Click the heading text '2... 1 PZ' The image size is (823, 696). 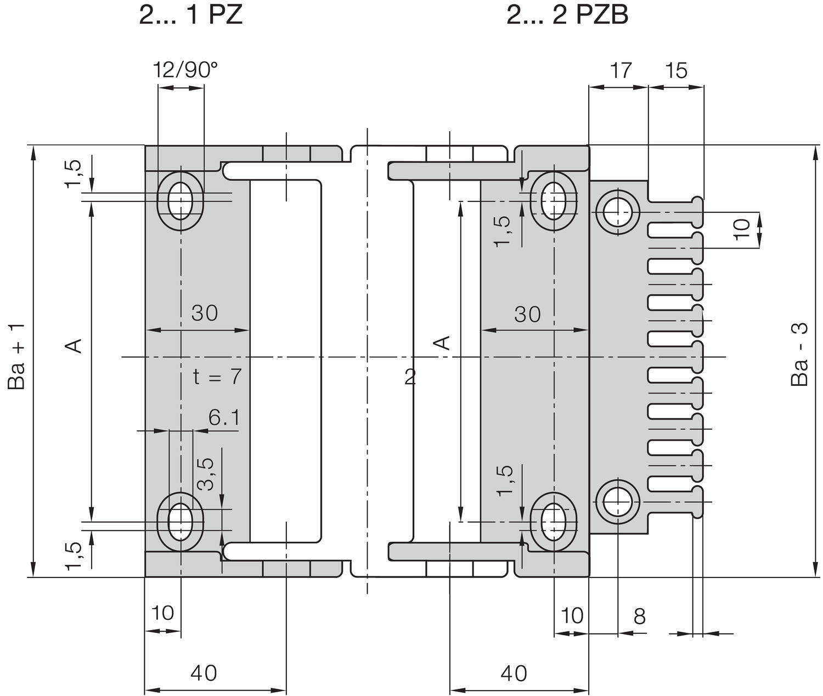coord(190,15)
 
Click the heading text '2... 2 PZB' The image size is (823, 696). coord(567,15)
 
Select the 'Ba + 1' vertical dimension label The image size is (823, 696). coord(18,357)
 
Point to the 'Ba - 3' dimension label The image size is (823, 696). coord(801,354)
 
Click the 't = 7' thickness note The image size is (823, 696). coord(217,377)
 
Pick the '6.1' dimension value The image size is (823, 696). coord(224,418)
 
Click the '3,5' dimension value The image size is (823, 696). coord(206,473)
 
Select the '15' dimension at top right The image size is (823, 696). coord(676,70)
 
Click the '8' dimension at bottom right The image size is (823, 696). coord(640,616)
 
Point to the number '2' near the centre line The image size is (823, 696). coord(410,377)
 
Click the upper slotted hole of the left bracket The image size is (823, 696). coord(180,200)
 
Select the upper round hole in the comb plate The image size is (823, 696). coord(617,211)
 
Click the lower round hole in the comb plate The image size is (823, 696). coord(617,501)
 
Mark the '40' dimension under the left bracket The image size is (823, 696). coord(204,673)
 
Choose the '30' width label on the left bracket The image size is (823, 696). coord(205,313)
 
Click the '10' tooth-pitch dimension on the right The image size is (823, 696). coord(742,228)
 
